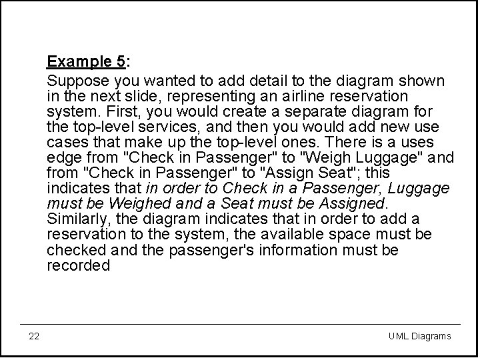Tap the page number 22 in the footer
pos(34,336)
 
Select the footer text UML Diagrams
pos(419,336)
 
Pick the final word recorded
pos(78,265)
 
